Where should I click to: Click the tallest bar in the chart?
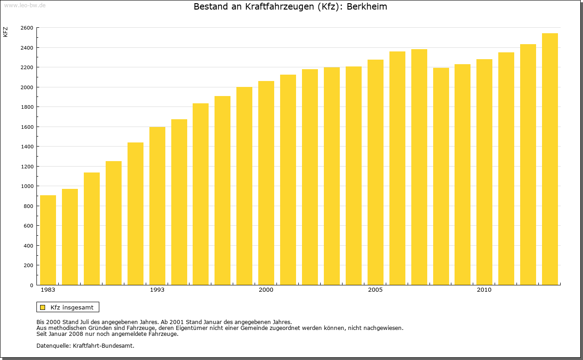(550, 159)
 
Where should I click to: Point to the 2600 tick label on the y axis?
(27, 28)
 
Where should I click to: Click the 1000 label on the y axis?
(27, 186)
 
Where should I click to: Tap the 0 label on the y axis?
(31, 285)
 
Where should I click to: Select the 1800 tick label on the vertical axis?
(27, 107)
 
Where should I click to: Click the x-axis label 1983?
(48, 290)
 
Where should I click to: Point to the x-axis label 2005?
(375, 290)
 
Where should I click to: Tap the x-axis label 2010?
(484, 290)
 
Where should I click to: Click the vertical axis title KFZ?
(5, 32)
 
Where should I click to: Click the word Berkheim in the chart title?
(367, 7)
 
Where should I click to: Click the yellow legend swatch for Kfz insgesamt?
(42, 307)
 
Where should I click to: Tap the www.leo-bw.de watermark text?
(24, 5)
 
